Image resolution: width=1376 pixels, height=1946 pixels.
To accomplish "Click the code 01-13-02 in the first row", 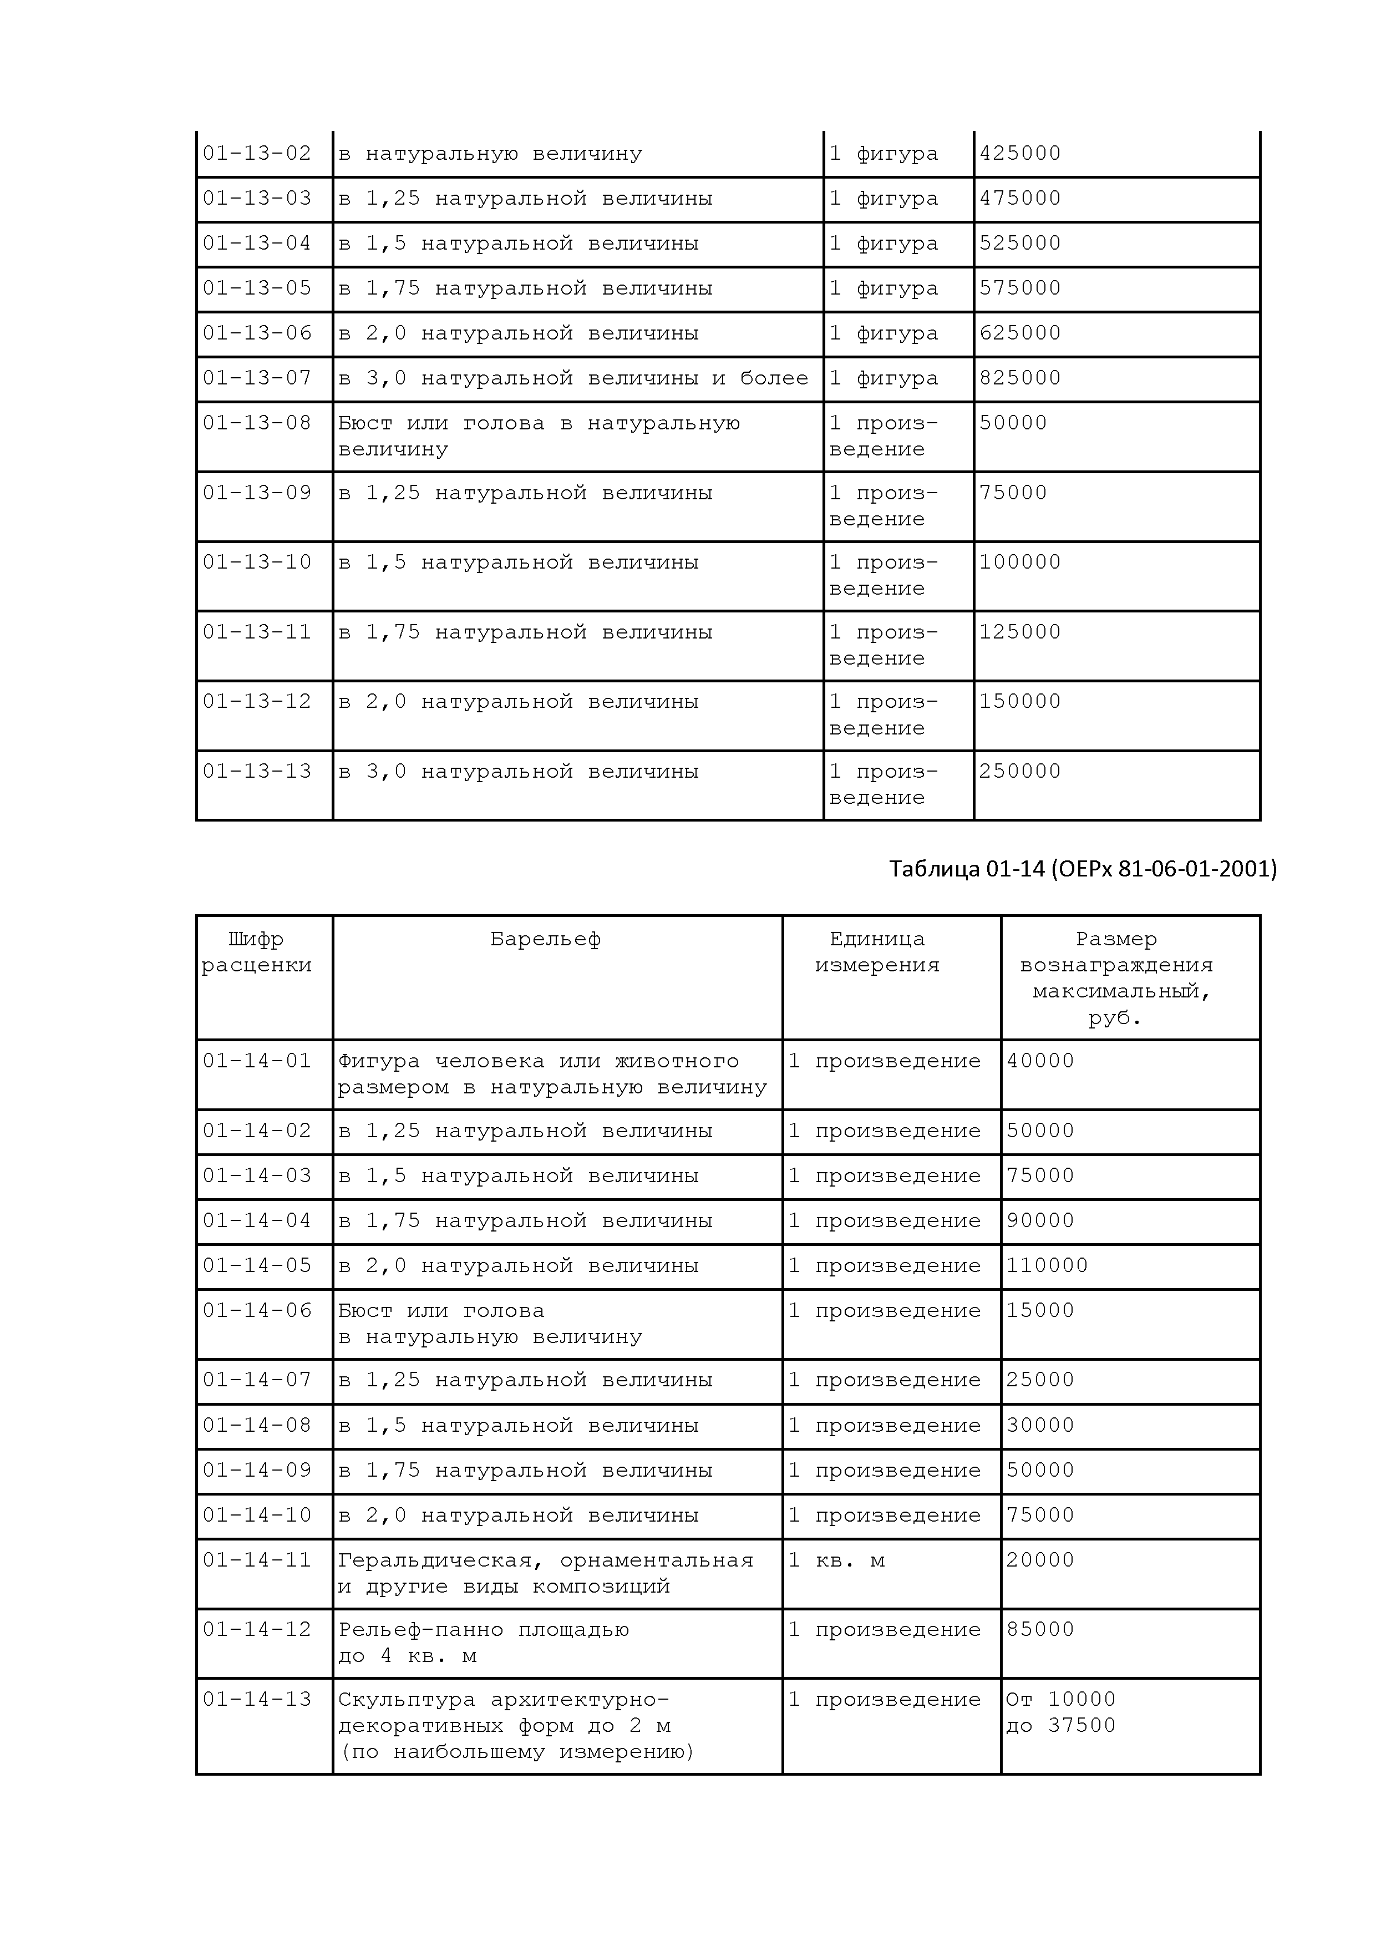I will coord(257,154).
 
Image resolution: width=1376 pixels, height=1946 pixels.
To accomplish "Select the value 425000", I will coord(1019,154).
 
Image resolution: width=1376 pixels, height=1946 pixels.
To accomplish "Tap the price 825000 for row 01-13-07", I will coord(1019,378).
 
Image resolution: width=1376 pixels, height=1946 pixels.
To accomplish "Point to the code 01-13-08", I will coord(257,423).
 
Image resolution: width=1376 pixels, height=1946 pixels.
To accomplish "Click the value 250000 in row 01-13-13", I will coord(1019,771).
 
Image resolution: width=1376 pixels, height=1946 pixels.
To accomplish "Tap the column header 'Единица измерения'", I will coord(877,952).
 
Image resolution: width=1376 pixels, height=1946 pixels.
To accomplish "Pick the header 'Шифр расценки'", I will coord(257,952).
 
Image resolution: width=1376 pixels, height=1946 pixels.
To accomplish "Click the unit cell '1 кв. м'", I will coord(836,1560).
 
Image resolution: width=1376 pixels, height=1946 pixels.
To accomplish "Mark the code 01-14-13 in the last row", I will coord(257,1699).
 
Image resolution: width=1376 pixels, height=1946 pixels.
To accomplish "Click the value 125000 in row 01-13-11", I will coord(1019,632).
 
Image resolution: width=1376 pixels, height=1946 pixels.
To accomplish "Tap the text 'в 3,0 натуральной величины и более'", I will coord(573,378).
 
